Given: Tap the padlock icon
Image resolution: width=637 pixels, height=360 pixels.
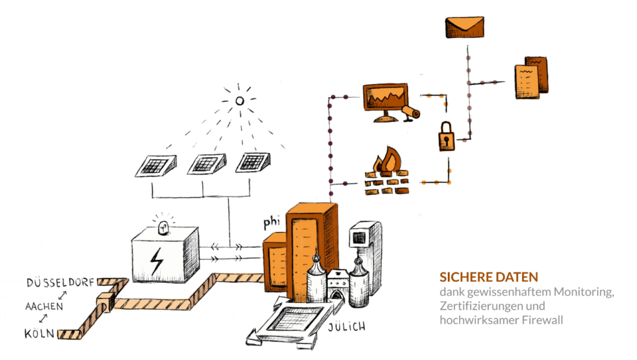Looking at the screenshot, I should [446, 136].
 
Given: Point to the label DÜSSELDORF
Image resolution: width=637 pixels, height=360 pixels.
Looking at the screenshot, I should [60, 283].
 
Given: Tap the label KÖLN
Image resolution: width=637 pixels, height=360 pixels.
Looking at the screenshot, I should [39, 334].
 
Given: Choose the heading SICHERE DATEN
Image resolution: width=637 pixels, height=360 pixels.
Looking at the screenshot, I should [488, 277].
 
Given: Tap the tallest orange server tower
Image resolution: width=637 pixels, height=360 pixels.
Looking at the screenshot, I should [312, 242].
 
